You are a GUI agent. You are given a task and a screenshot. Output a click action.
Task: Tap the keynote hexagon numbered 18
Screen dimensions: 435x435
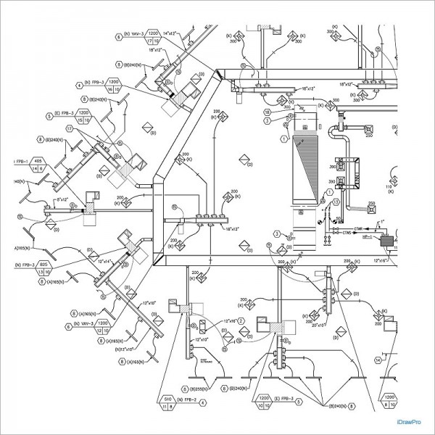pyautogui.click(x=267, y=113)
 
